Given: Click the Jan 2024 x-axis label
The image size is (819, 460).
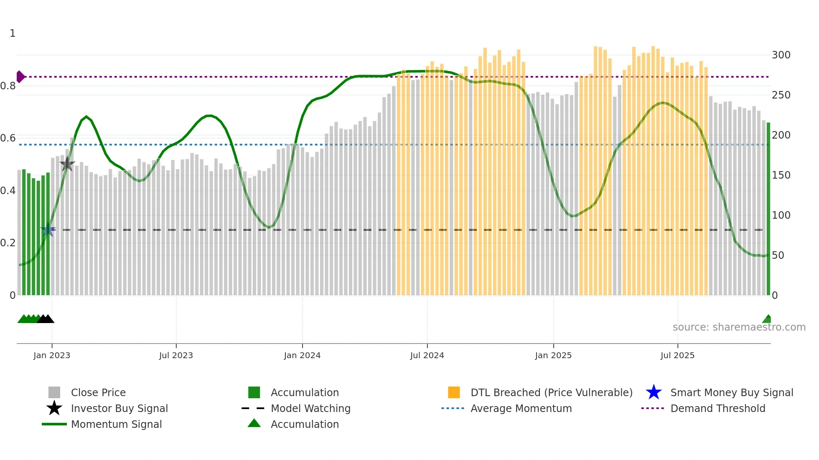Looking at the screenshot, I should (302, 355).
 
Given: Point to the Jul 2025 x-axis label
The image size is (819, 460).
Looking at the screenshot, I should (677, 355).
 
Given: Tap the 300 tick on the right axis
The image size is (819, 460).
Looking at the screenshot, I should (781, 55).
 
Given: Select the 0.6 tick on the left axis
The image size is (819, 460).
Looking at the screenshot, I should (8, 138).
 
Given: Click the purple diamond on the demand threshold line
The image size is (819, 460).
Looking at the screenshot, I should (20, 77).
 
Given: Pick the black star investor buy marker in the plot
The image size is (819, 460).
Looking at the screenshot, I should (67, 164).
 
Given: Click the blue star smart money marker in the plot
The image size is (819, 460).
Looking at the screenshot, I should (48, 230).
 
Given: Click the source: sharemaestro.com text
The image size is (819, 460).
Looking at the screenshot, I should (739, 327).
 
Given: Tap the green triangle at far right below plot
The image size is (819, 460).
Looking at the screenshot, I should (767, 319).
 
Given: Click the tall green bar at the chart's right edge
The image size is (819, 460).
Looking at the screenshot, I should (768, 209).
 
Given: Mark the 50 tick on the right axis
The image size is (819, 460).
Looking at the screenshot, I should (778, 255).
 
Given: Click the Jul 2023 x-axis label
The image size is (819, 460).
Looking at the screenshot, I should (176, 355).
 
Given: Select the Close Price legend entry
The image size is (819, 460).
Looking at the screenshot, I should (98, 392).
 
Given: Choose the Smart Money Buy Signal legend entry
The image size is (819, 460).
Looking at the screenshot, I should (731, 392).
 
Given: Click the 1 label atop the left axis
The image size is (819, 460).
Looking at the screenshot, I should (13, 33).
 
